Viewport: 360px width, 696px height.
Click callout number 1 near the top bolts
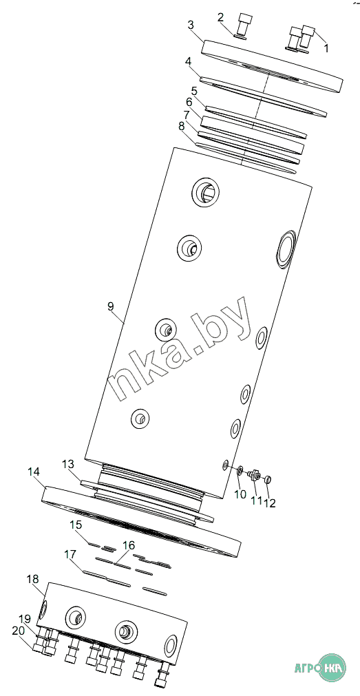pyautogui.click(x=326, y=48)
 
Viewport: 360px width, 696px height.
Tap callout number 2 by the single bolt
pyautogui.click(x=221, y=17)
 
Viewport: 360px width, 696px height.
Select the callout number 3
pyautogui.click(x=191, y=25)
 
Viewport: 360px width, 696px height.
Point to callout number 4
pyautogui.click(x=188, y=61)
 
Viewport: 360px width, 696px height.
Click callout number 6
pyautogui.click(x=189, y=102)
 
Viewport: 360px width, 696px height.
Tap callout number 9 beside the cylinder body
pyautogui.click(x=110, y=306)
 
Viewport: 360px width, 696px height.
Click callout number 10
pyautogui.click(x=240, y=494)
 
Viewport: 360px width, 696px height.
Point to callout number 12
pyautogui.click(x=270, y=503)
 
